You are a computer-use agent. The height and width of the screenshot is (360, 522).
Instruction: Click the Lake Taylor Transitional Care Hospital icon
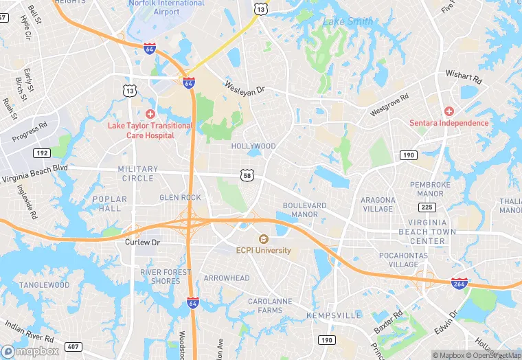[150, 113]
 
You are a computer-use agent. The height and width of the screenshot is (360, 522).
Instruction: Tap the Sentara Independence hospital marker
[449, 111]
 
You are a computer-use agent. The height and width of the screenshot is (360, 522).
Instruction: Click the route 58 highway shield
[247, 176]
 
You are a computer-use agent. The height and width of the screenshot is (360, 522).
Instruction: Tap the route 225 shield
[427, 207]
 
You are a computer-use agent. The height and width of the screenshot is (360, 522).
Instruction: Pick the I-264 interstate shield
[459, 282]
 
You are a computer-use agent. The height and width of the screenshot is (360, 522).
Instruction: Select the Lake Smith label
[348, 21]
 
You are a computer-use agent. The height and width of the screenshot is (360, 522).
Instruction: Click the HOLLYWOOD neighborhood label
[253, 146]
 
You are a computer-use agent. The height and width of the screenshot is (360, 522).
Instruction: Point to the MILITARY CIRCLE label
[137, 174]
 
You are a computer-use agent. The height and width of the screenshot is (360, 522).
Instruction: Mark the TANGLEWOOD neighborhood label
[44, 284]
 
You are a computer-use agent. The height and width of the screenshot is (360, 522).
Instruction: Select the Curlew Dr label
[142, 243]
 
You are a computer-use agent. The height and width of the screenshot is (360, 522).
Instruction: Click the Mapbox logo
[30, 350]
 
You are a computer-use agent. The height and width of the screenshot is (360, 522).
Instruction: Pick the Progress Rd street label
[30, 131]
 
